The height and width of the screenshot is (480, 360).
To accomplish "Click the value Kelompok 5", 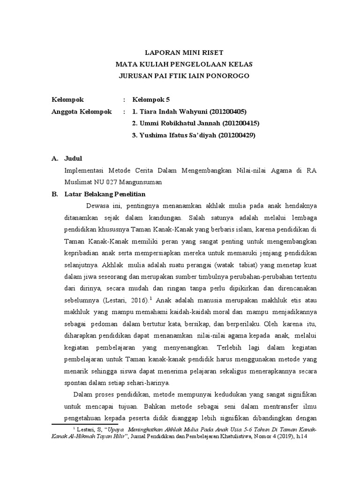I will point(150,100).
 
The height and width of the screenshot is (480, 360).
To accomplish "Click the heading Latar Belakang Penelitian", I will point(105,194).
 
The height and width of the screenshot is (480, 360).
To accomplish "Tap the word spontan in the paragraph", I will point(76,383).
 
